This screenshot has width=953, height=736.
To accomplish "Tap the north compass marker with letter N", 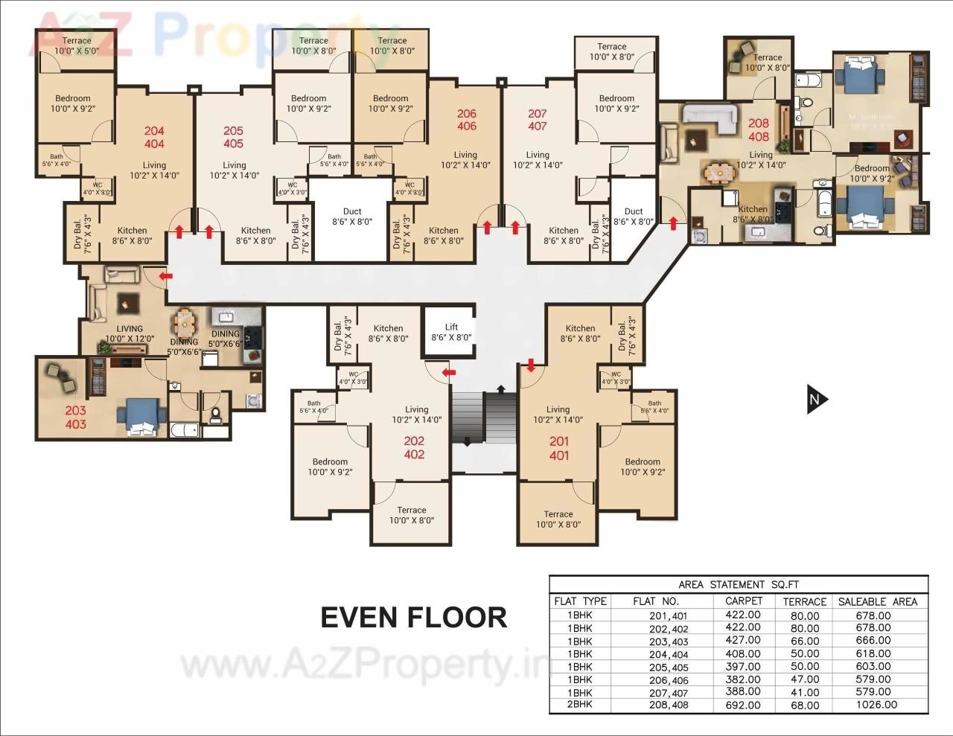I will (817, 400).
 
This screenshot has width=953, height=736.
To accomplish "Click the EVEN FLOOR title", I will (414, 618).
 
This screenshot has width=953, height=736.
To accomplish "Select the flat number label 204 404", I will (154, 138).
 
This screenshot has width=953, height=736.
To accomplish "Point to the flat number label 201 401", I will (558, 448).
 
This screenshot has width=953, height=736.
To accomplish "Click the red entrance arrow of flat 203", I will (166, 276).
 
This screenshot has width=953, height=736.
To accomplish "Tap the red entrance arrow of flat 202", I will (448, 371).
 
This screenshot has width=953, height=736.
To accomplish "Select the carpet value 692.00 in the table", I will (742, 705).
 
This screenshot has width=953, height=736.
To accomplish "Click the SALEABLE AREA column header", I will (878, 601).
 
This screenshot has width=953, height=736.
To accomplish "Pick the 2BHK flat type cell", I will (580, 704).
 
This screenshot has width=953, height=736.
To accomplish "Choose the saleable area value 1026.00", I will (876, 705).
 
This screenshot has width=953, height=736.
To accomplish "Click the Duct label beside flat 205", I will (352, 217).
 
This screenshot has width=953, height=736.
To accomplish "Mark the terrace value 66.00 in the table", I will (804, 641).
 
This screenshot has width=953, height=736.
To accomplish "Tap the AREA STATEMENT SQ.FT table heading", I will (738, 584).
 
